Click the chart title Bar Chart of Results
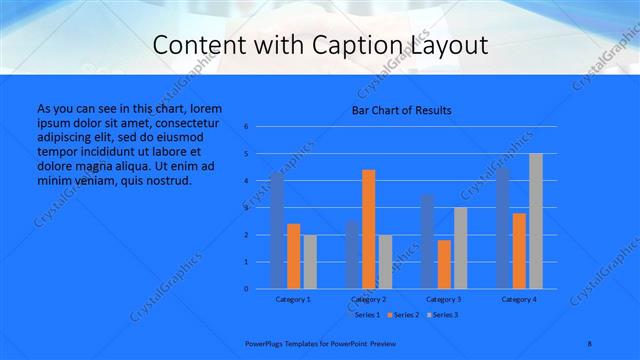401,110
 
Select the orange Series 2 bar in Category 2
369,229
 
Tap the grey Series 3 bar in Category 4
536,221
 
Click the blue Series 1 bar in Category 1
277,231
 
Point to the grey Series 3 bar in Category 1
310,262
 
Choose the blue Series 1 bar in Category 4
503,228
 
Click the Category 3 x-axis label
444,299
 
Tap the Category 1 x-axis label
294,299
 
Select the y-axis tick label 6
246,127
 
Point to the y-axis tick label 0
246,289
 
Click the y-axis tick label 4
246,181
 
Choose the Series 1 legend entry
366,315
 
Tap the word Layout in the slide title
447,46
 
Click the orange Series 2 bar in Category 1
294,256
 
